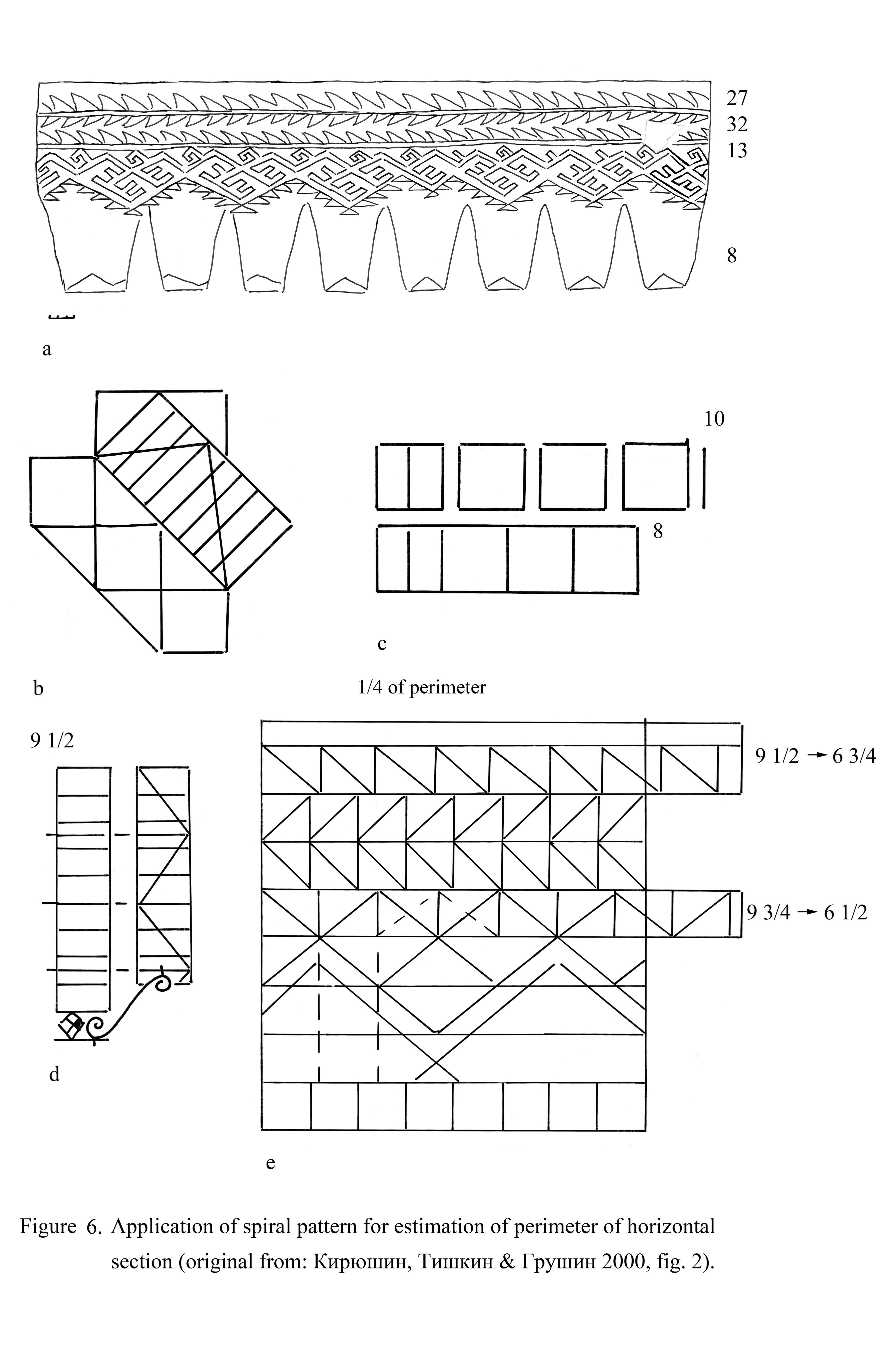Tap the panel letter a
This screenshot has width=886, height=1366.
(47, 349)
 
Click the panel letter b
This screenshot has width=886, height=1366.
(39, 688)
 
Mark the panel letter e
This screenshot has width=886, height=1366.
(271, 1163)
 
